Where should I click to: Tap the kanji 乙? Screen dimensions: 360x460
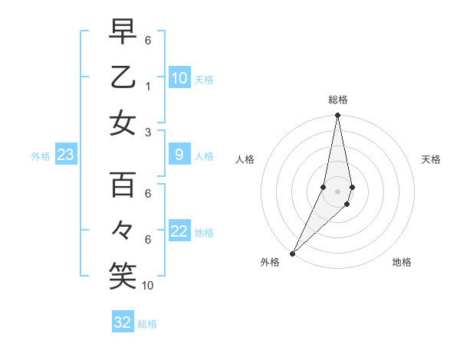coord(123,77)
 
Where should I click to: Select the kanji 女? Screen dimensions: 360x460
coord(123,123)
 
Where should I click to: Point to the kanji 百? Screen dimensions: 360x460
coord(123,185)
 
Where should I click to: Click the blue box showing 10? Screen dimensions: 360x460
coord(179,78)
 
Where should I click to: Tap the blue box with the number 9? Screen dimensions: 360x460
coord(179,155)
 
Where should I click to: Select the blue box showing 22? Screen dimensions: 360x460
coord(179,232)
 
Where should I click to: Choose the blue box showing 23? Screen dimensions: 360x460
coord(66,155)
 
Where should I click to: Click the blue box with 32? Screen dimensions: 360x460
coord(123,322)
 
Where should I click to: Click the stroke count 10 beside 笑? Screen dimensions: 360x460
coord(148,286)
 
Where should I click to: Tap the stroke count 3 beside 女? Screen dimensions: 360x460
coord(147,133)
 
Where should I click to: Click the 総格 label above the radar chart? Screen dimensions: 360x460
coord(337,100)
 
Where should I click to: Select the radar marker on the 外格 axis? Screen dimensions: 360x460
coord(292,253)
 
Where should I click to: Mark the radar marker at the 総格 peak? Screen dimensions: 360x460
coord(337,116)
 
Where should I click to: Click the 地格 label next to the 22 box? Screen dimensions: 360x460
coord(204,233)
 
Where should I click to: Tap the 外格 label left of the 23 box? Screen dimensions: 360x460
coord(41,156)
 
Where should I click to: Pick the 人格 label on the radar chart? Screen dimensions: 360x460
coord(245,159)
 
